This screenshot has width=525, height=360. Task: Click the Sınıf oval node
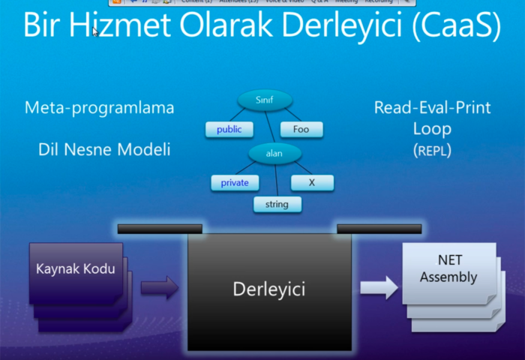(264, 100)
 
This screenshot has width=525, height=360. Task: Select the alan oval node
(274, 153)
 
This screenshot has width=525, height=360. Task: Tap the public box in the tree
(229, 129)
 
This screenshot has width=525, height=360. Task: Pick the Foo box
(301, 129)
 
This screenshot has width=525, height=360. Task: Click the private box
(235, 182)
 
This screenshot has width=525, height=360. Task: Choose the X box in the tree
(311, 182)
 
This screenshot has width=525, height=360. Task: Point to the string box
(277, 203)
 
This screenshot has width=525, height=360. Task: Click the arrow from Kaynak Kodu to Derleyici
(158, 286)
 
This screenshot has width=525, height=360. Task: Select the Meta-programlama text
(99, 107)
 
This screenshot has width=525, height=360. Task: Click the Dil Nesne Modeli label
(104, 149)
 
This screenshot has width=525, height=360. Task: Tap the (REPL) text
(432, 150)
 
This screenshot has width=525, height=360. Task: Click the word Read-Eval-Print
(432, 107)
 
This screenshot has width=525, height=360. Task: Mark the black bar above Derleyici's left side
(160, 229)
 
